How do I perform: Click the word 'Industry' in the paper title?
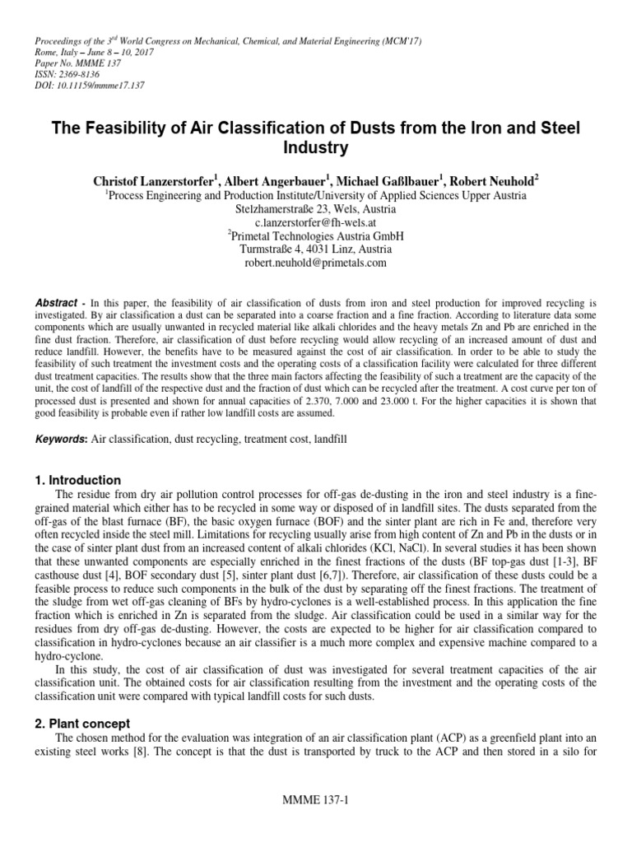pos(316,148)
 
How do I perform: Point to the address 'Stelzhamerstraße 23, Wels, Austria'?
pos(316,209)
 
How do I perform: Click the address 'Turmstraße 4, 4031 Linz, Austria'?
pos(316,249)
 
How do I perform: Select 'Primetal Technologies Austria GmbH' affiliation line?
pos(316,235)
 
